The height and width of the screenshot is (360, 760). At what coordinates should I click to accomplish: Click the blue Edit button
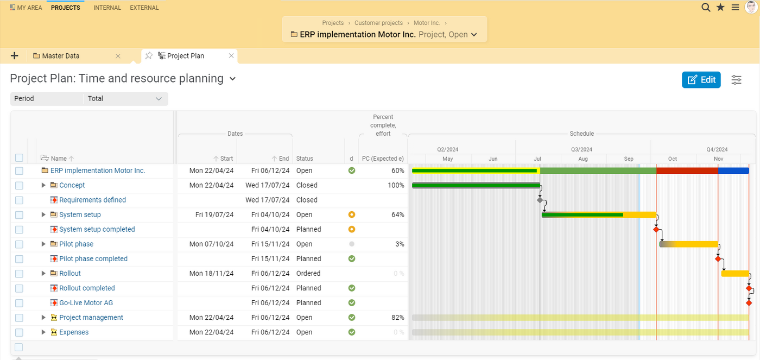click(701, 80)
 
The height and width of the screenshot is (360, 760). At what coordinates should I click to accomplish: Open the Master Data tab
click(60, 56)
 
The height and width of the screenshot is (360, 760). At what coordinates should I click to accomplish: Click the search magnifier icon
click(706, 7)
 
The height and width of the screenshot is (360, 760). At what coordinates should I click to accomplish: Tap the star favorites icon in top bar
click(720, 7)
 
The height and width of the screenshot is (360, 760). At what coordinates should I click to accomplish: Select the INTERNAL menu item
click(107, 8)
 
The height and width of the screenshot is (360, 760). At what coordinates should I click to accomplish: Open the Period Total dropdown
click(125, 99)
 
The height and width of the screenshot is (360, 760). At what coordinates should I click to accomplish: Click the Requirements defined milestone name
click(92, 200)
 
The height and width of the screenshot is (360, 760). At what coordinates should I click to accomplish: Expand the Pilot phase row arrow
click(44, 244)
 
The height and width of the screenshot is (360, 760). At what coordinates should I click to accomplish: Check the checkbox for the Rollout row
click(19, 274)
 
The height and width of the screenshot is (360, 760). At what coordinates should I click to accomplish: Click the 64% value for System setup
click(397, 214)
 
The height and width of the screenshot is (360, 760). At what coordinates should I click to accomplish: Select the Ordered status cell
click(308, 273)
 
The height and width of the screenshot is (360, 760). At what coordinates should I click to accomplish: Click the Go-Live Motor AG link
click(86, 302)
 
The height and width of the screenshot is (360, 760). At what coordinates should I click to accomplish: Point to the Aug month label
click(583, 159)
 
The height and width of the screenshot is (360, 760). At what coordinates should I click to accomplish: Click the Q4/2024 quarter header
click(717, 149)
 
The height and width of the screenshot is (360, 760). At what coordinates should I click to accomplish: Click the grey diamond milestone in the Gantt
click(540, 200)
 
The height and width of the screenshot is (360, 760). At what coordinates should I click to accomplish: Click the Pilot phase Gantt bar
click(688, 244)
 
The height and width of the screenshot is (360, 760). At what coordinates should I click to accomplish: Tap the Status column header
click(305, 159)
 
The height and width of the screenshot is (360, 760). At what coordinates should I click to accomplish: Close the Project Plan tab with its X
click(231, 56)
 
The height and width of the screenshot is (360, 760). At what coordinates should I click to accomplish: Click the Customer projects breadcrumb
click(378, 23)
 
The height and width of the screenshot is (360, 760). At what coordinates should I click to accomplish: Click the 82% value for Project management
click(397, 317)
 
